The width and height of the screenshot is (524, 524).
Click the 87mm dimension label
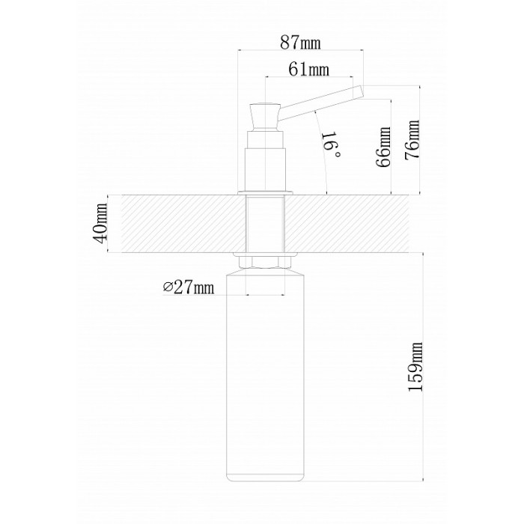299,42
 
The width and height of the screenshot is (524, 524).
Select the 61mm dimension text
308,69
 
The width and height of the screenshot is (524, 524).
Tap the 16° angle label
331,145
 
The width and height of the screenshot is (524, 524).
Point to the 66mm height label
383,147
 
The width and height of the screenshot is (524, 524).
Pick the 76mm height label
412,140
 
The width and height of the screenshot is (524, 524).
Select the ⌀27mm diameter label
189,287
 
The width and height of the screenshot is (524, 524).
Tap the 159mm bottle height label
416,367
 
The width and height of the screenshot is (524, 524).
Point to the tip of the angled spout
361,92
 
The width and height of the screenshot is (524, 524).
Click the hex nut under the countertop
265,262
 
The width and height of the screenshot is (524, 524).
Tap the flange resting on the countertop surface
265,193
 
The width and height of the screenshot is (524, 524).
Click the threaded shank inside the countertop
265,224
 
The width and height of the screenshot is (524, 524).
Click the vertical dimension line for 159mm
424,367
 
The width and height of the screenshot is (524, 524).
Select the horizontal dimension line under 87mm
300,50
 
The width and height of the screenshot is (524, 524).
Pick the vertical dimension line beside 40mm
108,224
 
